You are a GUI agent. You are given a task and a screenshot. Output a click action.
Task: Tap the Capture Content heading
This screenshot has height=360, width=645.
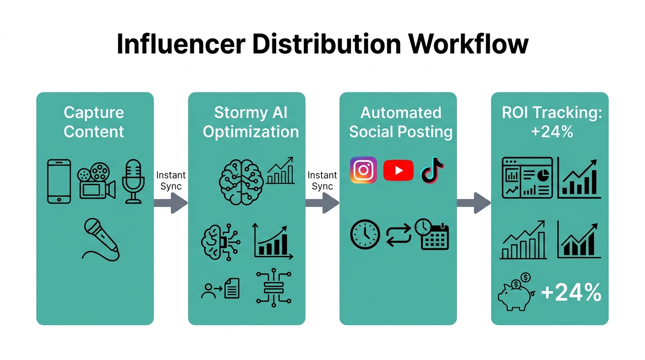coord(94,122)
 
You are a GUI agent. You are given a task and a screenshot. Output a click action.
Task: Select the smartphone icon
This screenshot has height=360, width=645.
coord(59,181)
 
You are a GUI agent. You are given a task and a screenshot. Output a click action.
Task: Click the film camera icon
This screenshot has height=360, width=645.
coord(96,181)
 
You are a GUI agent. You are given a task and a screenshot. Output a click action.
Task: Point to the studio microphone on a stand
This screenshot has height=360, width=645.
coord(133,181)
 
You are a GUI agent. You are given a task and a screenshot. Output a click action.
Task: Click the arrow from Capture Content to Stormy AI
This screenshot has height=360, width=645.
coord(171,202)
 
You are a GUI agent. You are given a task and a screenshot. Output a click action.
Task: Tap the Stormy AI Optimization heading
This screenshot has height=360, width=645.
coord(250,122)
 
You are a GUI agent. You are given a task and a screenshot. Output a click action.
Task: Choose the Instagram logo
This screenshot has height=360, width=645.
coord(363,170)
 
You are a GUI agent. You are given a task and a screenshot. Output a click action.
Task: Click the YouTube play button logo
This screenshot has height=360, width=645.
coord(398,170)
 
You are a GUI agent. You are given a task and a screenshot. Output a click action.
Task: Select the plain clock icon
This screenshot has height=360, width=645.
coord(365,234)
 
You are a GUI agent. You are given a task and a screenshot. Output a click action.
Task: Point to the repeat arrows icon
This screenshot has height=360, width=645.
coord(398,234)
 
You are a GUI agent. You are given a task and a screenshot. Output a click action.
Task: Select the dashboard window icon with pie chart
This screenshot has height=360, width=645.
coord(527,178)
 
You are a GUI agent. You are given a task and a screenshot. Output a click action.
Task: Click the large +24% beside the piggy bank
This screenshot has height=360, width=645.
coord(571,293)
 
